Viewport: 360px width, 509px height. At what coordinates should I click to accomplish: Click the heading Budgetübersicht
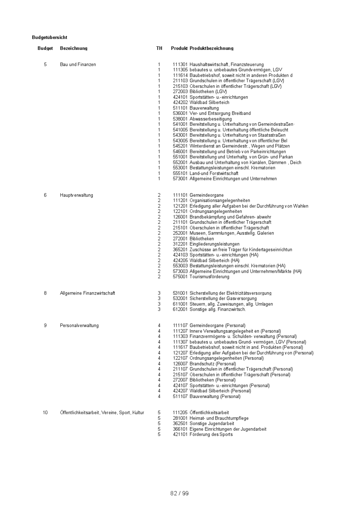coord(50,37)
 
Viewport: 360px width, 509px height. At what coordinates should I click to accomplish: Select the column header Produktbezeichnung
coord(211,48)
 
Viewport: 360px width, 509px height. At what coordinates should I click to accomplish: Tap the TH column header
coord(159,48)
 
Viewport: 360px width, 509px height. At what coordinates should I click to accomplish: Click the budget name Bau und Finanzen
coord(78,64)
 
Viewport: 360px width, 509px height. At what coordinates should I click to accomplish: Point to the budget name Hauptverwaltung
coord(76,195)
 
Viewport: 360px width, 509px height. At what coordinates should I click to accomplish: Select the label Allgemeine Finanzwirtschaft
coord(87,293)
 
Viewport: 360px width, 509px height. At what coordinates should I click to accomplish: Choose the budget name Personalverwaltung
coord(79,326)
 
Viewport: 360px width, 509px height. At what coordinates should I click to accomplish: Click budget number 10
coord(45,413)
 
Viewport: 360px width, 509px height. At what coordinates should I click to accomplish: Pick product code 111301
coord(180,64)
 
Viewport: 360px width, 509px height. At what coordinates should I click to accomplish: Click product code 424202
coord(180,103)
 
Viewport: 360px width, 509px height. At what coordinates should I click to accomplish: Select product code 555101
coord(180,173)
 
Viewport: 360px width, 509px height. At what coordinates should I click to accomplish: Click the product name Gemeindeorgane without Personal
coord(206,195)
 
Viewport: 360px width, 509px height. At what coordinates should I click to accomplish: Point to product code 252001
coord(180,233)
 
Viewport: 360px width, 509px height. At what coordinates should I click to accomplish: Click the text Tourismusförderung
coord(209,277)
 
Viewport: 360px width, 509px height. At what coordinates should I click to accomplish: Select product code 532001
coord(180,298)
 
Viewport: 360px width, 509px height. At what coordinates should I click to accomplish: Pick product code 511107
coord(180,397)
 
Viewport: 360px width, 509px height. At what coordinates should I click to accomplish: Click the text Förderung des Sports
coord(211,434)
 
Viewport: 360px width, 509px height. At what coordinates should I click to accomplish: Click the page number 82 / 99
coord(179,493)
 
